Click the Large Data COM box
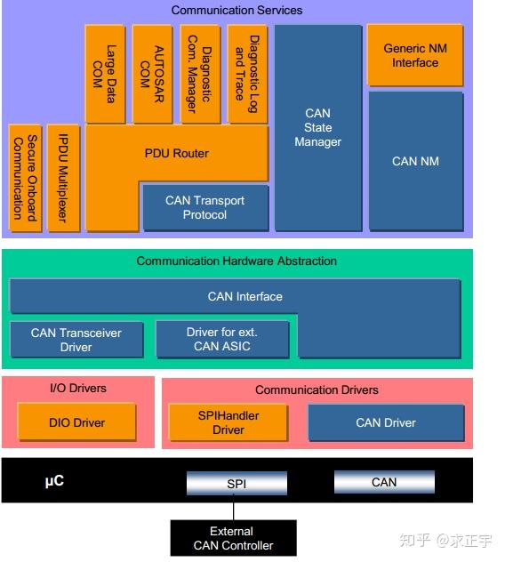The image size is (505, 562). tap(106, 74)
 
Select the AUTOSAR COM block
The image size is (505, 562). tap(153, 74)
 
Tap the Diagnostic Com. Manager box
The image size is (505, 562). tap(200, 74)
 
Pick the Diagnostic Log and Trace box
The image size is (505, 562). tap(247, 74)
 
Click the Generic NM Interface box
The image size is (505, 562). tap(415, 55)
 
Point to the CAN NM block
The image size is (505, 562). tap(416, 161)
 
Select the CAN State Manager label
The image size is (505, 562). tap(318, 127)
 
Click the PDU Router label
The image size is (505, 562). tap(177, 154)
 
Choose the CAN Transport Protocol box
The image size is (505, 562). tap(205, 207)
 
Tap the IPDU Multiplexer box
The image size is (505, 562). tap(63, 178)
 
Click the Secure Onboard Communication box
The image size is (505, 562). tap(25, 178)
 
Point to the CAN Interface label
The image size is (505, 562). tap(245, 296)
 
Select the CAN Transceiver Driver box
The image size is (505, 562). tap(76, 340)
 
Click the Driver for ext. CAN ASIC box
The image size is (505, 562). tap(222, 339)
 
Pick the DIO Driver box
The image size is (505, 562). tap(77, 421)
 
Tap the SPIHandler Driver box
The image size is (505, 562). tap(228, 422)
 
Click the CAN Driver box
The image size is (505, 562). tap(386, 422)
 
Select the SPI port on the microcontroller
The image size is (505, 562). tap(236, 483)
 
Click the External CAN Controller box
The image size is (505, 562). tap(233, 538)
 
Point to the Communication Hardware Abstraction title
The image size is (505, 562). tap(236, 261)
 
